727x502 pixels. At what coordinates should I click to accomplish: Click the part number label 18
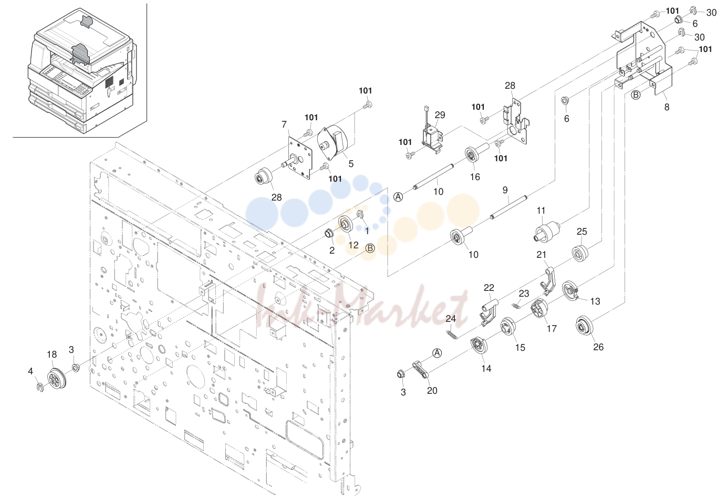(52, 354)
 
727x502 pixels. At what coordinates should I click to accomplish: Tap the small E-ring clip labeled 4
(39, 387)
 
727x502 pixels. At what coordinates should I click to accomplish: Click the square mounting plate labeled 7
(300, 157)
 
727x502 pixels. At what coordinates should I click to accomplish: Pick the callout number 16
(475, 177)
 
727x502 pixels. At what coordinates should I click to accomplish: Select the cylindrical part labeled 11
(547, 232)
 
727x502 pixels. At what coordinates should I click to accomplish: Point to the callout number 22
(489, 288)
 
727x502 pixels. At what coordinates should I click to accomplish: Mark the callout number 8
(667, 107)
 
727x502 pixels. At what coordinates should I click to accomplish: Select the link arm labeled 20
(421, 370)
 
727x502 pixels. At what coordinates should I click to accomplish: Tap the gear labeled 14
(480, 346)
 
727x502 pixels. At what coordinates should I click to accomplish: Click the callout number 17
(552, 328)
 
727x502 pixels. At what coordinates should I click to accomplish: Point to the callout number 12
(354, 245)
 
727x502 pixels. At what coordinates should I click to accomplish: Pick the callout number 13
(595, 301)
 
